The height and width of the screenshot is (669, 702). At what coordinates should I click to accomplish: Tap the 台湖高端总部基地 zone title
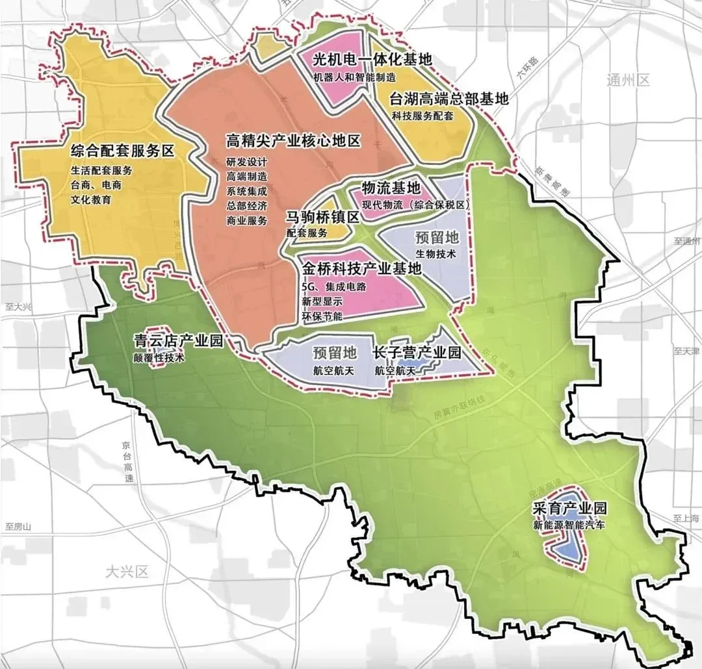pos(448,99)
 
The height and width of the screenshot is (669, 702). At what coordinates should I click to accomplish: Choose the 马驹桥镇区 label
pos(322,217)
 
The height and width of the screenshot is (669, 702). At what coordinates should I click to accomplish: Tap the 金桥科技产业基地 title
pos(361,268)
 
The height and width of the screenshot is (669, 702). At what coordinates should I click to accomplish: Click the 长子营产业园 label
pos(417,353)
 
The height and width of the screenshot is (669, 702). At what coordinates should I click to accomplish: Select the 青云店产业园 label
pos(178,340)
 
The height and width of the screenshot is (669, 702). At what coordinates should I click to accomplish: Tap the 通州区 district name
pos(627,81)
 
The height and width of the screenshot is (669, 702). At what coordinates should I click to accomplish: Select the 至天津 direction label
pos(686,351)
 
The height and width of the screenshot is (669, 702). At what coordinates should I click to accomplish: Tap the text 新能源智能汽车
pos(568,524)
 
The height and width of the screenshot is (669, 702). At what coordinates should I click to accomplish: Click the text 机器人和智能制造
pos(355,77)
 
